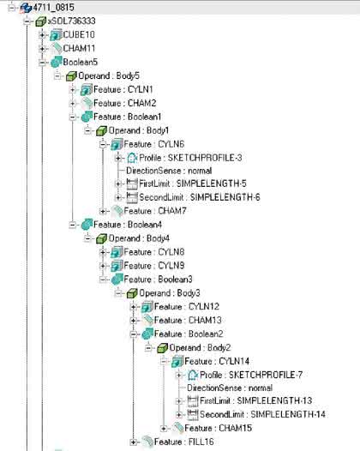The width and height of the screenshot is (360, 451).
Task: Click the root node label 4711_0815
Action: [53, 7]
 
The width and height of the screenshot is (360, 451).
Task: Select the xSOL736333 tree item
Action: [72, 21]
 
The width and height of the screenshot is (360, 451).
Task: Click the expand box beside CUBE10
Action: [42, 35]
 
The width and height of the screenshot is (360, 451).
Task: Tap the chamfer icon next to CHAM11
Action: [56, 48]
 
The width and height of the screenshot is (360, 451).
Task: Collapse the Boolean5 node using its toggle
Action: [42, 62]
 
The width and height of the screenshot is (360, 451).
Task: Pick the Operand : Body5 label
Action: [109, 76]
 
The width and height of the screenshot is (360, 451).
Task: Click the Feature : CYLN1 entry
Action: [123, 89]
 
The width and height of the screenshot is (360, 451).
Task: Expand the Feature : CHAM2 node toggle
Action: [73, 103]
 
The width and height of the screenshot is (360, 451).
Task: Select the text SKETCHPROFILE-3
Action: [205, 158]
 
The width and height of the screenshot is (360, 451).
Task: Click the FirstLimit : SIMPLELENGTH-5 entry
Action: [193, 183]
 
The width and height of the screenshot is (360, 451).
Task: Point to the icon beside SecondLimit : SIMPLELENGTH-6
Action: [132, 197]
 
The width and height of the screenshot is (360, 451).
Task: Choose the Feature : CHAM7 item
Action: [154, 211]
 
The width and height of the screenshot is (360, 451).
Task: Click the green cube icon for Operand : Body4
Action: [101, 238]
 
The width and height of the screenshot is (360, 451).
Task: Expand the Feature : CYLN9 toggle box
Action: [103, 266]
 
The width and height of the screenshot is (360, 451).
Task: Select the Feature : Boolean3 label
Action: [158, 280]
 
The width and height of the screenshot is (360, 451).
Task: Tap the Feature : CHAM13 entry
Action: [188, 320]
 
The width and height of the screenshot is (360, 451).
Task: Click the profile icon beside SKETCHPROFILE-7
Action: [193, 375]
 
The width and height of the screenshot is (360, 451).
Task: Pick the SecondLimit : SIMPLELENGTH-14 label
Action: [262, 414]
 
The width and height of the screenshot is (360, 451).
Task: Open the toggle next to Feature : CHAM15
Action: [164, 429]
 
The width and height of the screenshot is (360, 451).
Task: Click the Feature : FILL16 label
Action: [183, 442]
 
